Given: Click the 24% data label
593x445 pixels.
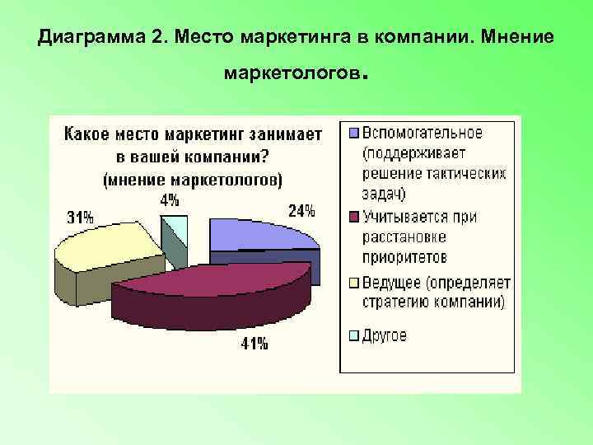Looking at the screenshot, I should [301, 211].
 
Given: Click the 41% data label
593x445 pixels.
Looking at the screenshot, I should [254, 344].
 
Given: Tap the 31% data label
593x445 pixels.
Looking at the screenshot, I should [80, 218].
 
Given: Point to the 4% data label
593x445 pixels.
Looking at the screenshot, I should [170, 199].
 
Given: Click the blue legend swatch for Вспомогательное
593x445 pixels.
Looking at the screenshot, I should [354, 133].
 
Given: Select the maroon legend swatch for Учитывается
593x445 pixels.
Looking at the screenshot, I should [354, 218].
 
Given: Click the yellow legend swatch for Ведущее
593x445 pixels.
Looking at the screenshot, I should [354, 283].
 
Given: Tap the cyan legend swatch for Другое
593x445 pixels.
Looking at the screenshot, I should [354, 335].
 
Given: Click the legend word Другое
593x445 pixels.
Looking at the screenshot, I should [385, 335].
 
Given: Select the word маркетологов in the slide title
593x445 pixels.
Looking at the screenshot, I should [292, 75].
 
